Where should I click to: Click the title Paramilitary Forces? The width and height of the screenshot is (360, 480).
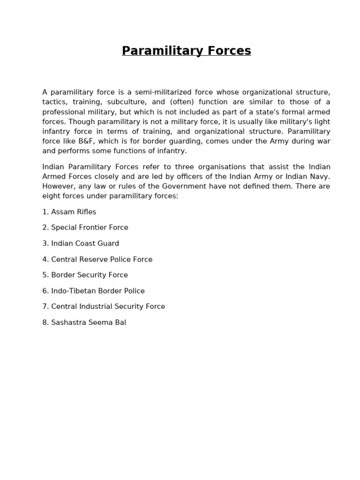point(186,51)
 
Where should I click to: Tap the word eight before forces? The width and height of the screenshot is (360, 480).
point(51,196)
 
